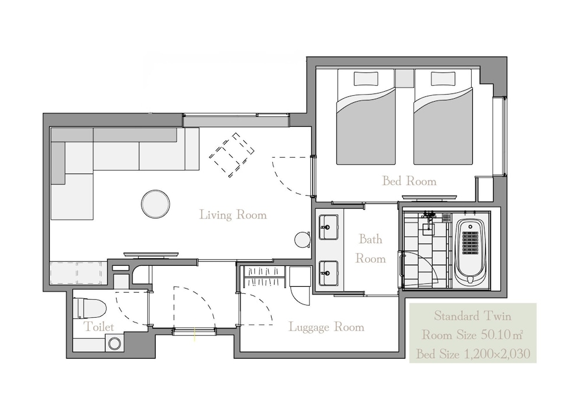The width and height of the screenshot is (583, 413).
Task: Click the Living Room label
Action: point(233,215)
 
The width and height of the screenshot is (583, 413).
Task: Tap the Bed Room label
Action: point(409,181)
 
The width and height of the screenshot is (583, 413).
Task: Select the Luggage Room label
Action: point(326,327)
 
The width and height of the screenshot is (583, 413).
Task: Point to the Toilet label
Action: point(99,327)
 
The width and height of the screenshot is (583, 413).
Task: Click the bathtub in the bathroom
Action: point(470,252)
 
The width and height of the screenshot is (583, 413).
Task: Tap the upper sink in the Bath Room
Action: point(328,227)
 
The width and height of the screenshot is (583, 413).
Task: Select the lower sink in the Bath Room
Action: point(328,273)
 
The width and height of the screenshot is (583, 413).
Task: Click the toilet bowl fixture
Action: point(90,308)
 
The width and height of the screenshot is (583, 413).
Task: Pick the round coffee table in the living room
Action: point(156,204)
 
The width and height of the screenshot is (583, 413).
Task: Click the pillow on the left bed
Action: point(366,79)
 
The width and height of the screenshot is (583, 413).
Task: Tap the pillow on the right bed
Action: point(443,79)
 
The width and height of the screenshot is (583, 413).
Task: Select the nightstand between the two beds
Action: point(404,78)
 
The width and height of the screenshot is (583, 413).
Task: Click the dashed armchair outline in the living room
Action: point(231,155)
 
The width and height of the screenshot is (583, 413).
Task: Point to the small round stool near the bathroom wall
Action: point(303,240)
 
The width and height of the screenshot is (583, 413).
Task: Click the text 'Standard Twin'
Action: point(473,316)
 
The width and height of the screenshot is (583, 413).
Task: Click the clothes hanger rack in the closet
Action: point(264,277)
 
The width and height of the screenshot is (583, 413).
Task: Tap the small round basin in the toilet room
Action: point(114,343)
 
